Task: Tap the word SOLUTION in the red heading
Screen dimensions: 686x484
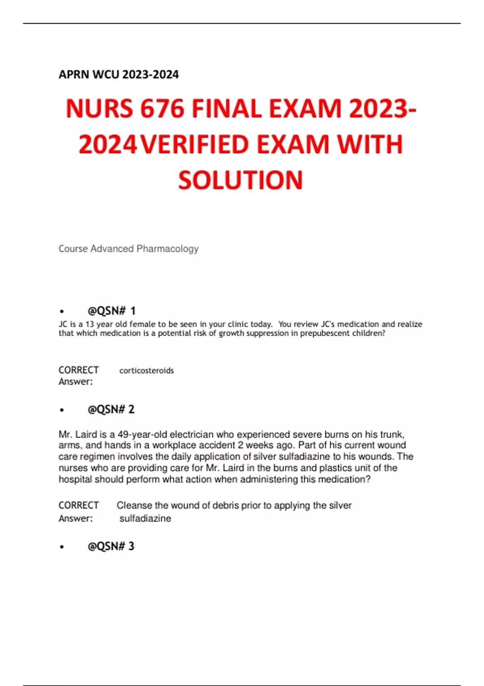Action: click(240, 180)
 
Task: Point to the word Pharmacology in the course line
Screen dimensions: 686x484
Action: click(167, 249)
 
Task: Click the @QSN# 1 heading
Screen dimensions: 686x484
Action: click(111, 311)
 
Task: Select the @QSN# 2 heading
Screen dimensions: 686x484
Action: click(111, 410)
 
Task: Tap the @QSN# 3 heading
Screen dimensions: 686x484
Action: click(111, 546)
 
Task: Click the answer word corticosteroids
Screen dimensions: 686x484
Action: click(146, 370)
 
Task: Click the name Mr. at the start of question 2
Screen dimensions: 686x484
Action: click(66, 435)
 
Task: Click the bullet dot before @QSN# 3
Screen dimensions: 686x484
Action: click(62, 547)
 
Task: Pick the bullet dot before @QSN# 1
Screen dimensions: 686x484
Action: click(62, 312)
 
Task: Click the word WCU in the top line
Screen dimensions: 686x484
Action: click(106, 75)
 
